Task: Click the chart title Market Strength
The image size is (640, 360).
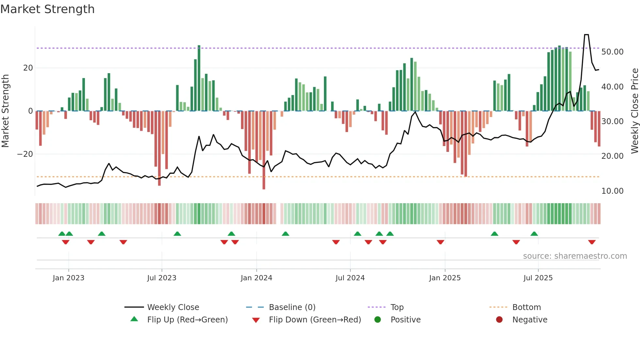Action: (x=47, y=9)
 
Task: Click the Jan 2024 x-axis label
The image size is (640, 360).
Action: (x=256, y=278)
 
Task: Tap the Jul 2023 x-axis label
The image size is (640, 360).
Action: (x=162, y=278)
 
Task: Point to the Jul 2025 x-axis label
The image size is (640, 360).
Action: (x=538, y=278)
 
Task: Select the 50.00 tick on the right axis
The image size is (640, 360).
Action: (x=612, y=52)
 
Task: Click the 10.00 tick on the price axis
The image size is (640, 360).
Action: (x=612, y=191)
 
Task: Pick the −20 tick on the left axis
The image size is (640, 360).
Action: (x=25, y=154)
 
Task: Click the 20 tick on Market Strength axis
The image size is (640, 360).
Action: (x=28, y=68)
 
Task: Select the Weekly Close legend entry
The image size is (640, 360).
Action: (x=173, y=307)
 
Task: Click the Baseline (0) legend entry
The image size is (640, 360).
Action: (x=292, y=307)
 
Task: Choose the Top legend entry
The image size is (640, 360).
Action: (x=397, y=307)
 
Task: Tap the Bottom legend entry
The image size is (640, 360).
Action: (x=526, y=307)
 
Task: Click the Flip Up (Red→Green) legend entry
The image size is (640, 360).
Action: (x=187, y=320)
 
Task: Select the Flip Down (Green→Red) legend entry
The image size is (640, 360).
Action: (x=315, y=320)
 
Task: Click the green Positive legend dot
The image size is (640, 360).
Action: (x=377, y=319)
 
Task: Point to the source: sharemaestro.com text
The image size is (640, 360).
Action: (x=575, y=256)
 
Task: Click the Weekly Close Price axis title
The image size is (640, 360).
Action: (x=634, y=111)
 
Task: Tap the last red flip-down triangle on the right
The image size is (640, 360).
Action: (x=592, y=242)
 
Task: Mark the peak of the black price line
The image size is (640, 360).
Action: (x=586, y=35)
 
